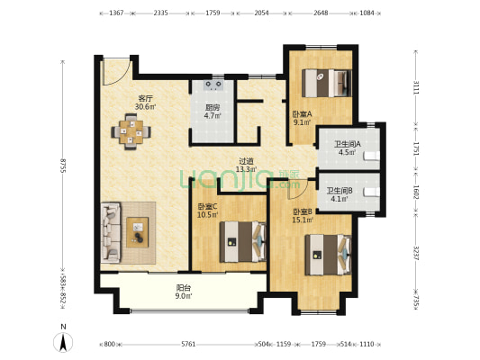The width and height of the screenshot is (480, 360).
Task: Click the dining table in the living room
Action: (131, 131)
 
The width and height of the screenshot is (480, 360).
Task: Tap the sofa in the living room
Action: (111, 232)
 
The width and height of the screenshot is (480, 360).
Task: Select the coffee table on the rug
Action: (138, 232)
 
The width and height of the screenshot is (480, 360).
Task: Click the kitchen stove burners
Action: (213, 85)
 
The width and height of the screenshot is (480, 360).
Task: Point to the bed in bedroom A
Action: (326, 83)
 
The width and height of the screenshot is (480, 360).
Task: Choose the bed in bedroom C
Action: (243, 241)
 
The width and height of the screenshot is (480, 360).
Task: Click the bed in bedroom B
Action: (328, 255)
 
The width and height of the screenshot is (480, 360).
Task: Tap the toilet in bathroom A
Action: (371, 156)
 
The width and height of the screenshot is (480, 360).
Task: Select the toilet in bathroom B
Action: (371, 193)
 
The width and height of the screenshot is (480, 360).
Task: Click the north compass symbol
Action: (63, 340)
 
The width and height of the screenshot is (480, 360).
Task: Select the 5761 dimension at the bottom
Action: (188, 344)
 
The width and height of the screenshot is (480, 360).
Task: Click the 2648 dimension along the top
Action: (321, 13)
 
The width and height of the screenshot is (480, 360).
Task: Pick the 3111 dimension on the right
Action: (416, 87)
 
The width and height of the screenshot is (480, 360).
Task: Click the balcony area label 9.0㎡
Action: (185, 296)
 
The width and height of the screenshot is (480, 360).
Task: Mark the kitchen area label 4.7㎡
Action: (213, 115)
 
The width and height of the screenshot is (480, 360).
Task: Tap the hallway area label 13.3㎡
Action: (246, 169)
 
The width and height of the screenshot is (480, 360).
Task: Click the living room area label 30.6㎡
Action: (146, 107)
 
